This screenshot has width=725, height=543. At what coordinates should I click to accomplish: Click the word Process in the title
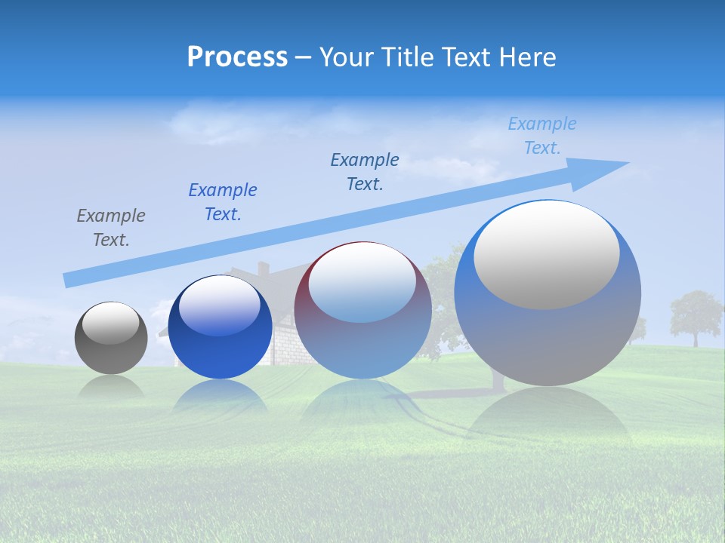point(237,57)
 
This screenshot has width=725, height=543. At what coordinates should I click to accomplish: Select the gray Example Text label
point(111,228)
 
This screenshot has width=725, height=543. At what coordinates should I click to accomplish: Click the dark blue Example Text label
point(223,202)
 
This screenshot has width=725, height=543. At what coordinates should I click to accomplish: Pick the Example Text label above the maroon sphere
point(365,172)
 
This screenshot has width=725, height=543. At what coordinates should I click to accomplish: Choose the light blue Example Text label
point(542,136)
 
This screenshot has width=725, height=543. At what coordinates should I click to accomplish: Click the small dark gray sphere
point(111,338)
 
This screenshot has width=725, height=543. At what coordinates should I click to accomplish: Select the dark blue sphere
point(220,327)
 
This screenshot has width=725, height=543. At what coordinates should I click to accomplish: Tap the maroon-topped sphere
point(362,311)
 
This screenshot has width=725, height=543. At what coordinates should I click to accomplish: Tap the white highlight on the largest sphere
point(547,255)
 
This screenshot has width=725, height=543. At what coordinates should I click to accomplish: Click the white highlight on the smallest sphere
point(111,324)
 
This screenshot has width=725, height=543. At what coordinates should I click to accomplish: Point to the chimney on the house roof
point(263,268)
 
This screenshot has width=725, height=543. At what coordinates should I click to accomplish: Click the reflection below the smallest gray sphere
point(111,387)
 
